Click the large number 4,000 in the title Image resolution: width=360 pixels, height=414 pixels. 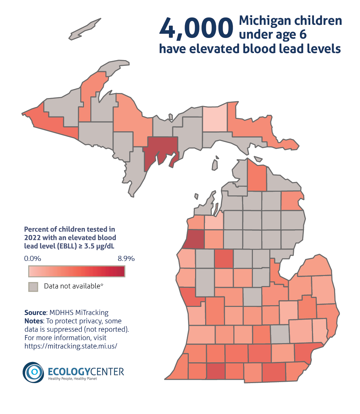[x=196, y=28]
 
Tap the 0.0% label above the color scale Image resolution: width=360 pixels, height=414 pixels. [x=33, y=259]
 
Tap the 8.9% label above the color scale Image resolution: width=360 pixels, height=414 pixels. [x=126, y=259]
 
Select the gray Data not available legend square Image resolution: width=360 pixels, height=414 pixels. [x=33, y=287]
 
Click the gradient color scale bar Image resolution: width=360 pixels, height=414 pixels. [x=77, y=271]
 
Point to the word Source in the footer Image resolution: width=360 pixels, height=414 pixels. [x=35, y=313]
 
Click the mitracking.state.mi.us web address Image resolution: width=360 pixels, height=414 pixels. [x=71, y=346]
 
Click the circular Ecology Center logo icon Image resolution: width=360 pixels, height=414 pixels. [x=33, y=372]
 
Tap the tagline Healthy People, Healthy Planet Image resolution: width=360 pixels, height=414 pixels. [x=72, y=379]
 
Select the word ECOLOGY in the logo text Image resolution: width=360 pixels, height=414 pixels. [x=69, y=372]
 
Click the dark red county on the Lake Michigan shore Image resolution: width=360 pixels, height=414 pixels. [x=194, y=239]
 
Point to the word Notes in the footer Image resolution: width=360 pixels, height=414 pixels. [x=33, y=321]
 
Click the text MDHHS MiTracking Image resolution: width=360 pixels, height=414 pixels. [x=79, y=313]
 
